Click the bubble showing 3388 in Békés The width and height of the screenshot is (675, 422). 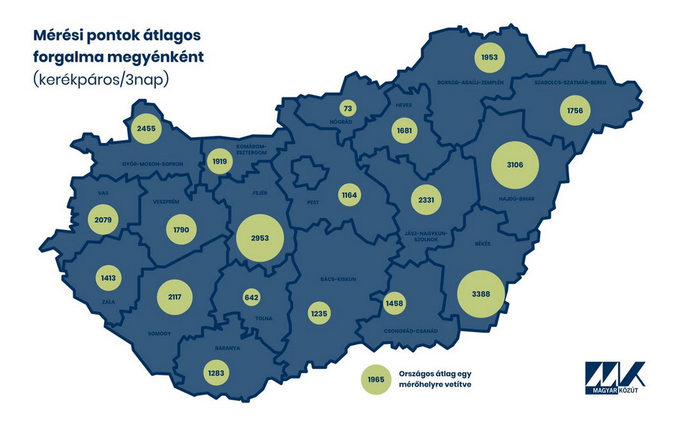point(476,294)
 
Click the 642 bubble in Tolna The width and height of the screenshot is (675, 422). point(251,298)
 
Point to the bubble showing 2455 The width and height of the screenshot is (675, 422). point(146,129)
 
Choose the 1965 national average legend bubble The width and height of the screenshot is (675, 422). point(376,379)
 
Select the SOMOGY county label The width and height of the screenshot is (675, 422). point(160,333)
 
